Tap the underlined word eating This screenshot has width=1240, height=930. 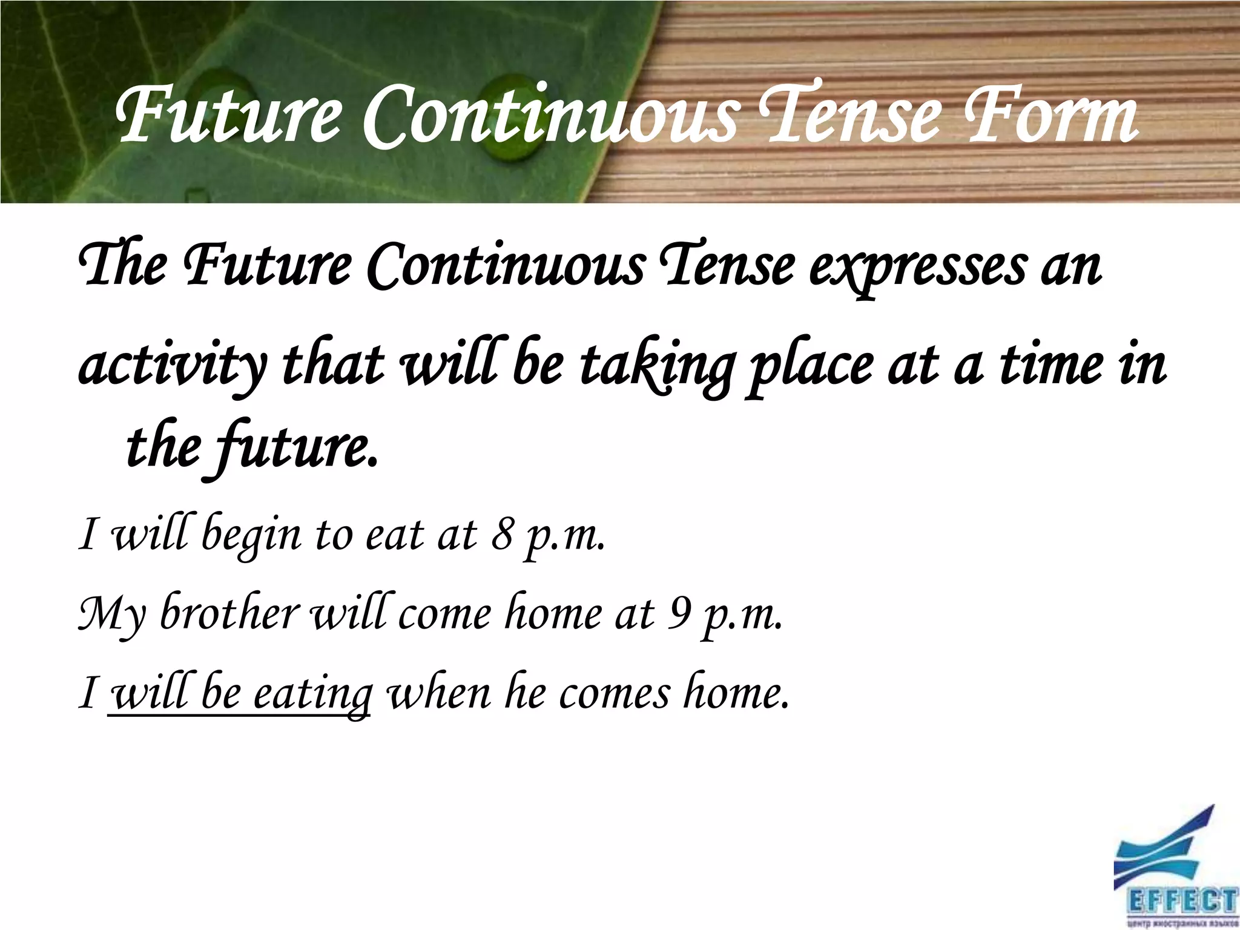(312, 693)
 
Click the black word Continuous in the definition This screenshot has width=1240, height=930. (506, 266)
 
